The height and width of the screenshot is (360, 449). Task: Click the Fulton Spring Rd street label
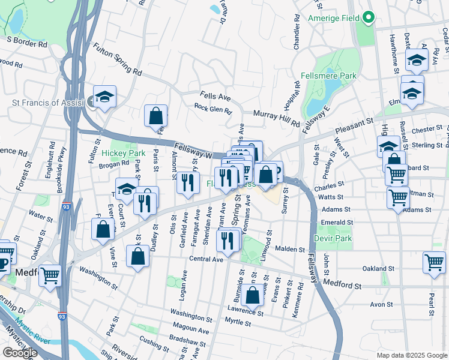coord(117,59)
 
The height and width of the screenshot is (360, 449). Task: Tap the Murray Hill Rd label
coord(276,118)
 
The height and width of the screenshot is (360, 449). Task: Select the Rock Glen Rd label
coord(212,109)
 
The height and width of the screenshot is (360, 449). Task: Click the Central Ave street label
coord(206,259)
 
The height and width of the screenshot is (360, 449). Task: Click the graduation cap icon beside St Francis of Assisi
coord(104,97)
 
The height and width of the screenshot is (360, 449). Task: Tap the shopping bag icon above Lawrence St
coord(253,295)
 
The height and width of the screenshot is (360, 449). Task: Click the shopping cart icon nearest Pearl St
coord(435,262)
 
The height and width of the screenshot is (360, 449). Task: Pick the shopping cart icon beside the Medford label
coord(50,275)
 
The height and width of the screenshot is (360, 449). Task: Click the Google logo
coord(20,353)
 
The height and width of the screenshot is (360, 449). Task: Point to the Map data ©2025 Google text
coord(411,355)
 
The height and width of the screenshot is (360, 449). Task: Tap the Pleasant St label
coord(354,124)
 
